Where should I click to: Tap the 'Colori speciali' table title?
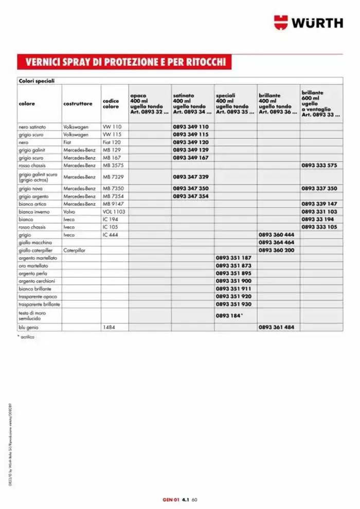37,81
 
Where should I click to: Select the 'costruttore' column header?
78,103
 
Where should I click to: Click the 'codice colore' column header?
111,104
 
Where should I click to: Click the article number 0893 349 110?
191,126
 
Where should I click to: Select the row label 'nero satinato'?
32,126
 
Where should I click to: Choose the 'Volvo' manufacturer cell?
69,211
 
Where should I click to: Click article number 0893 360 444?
276,234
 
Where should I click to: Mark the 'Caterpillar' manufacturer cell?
75,250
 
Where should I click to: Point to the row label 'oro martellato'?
33,265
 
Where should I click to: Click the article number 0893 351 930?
233,304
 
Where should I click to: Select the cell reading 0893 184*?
229,316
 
